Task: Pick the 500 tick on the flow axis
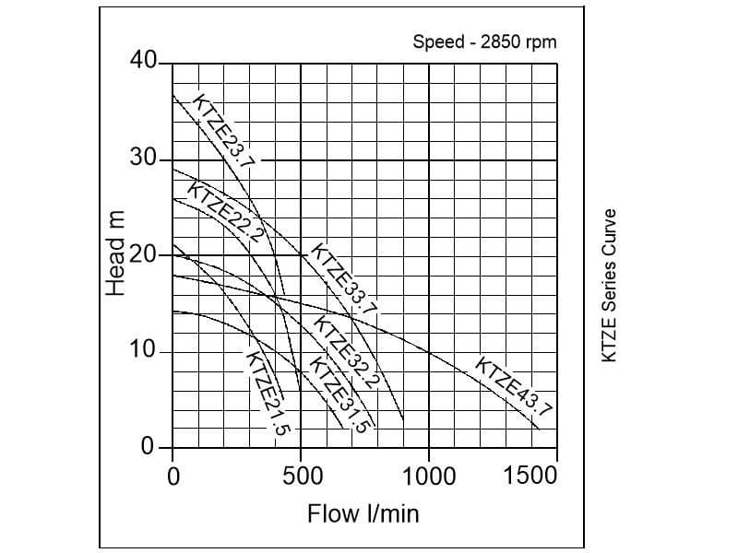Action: pos(302,476)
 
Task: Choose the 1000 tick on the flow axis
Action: pos(429,476)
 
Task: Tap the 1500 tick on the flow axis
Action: pos(531,476)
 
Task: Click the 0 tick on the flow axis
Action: pos(173,476)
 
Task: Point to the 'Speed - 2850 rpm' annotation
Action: pos(485,42)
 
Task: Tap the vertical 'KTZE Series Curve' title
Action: pos(609,285)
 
